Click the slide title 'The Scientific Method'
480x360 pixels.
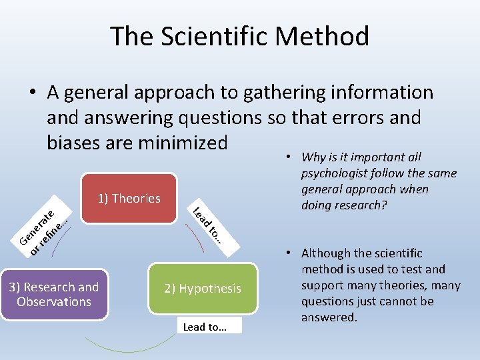240,36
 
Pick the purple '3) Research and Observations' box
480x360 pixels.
54,294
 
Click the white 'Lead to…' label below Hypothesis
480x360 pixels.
205,327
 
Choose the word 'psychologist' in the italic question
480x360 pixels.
335,173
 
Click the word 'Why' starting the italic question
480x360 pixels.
313,157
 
